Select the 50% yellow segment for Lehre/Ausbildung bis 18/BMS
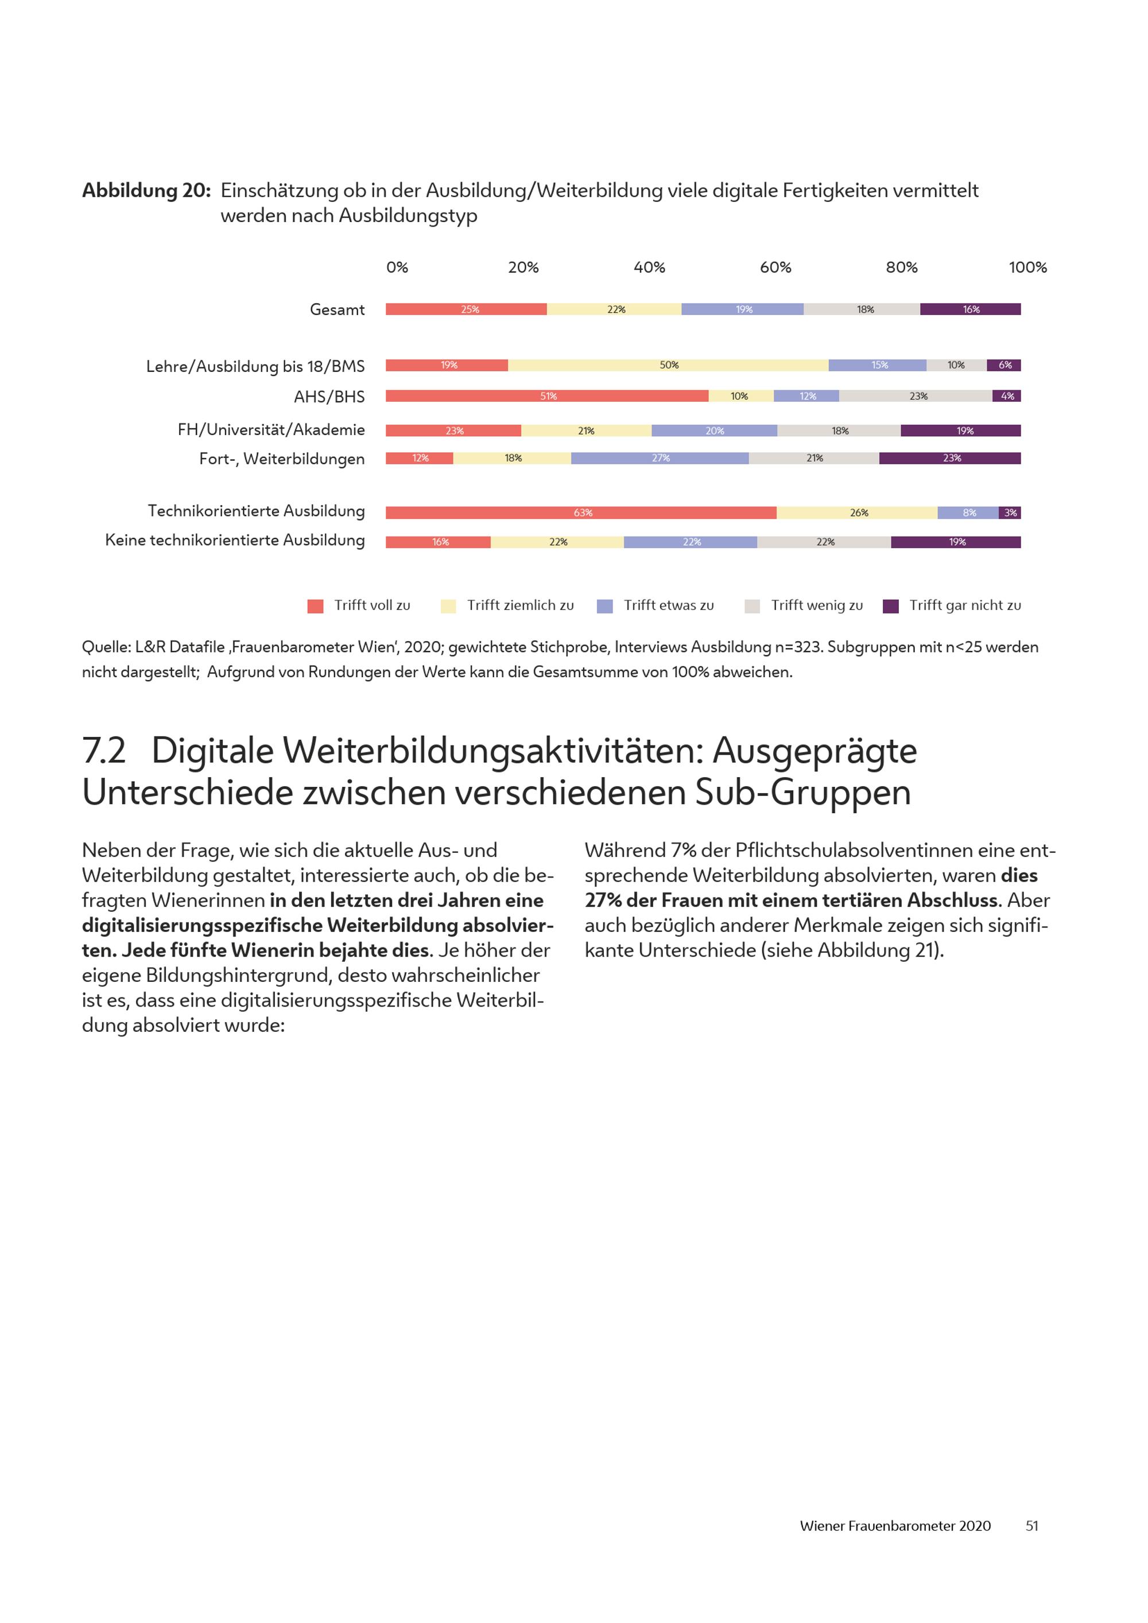(668, 366)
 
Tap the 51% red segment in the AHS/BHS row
(547, 396)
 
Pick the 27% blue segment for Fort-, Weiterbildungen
(660, 458)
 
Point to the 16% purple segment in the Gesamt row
(970, 309)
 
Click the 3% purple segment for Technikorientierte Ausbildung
(1010, 512)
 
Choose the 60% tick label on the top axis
(775, 267)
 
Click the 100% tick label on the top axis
(1027, 267)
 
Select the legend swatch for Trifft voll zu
(315, 606)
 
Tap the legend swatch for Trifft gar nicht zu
(891, 606)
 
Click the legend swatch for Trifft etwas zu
(604, 606)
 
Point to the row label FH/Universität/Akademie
(271, 430)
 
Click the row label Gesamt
(337, 309)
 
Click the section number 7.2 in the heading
(104, 751)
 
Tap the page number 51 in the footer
(1031, 1525)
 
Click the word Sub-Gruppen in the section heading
(803, 793)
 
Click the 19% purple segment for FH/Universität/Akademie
(964, 430)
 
